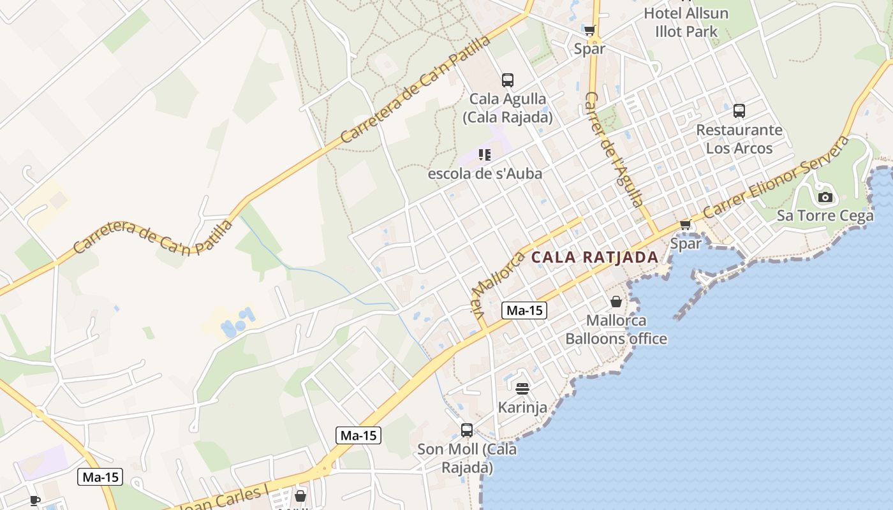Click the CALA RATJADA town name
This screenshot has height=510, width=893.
click(594, 258)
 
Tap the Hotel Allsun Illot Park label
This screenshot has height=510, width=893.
click(686, 22)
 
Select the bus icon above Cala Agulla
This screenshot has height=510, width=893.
click(508, 80)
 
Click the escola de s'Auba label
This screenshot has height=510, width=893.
click(485, 173)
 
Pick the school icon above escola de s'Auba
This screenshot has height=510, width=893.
click(485, 155)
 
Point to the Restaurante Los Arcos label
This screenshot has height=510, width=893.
click(739, 139)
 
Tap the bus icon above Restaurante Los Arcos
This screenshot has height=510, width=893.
click(739, 111)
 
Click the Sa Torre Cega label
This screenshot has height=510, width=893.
click(825, 215)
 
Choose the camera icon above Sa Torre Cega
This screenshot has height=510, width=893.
click(825, 197)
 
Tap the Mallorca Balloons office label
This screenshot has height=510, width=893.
click(616, 330)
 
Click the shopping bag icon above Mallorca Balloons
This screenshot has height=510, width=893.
click(616, 302)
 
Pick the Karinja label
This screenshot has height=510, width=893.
click(522, 407)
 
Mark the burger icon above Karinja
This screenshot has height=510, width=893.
click(522, 388)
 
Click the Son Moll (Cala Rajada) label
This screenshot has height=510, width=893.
click(467, 458)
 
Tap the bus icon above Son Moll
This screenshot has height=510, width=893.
click(467, 430)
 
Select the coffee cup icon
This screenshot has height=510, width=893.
click(35, 500)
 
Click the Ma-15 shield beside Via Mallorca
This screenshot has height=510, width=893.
click(524, 310)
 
